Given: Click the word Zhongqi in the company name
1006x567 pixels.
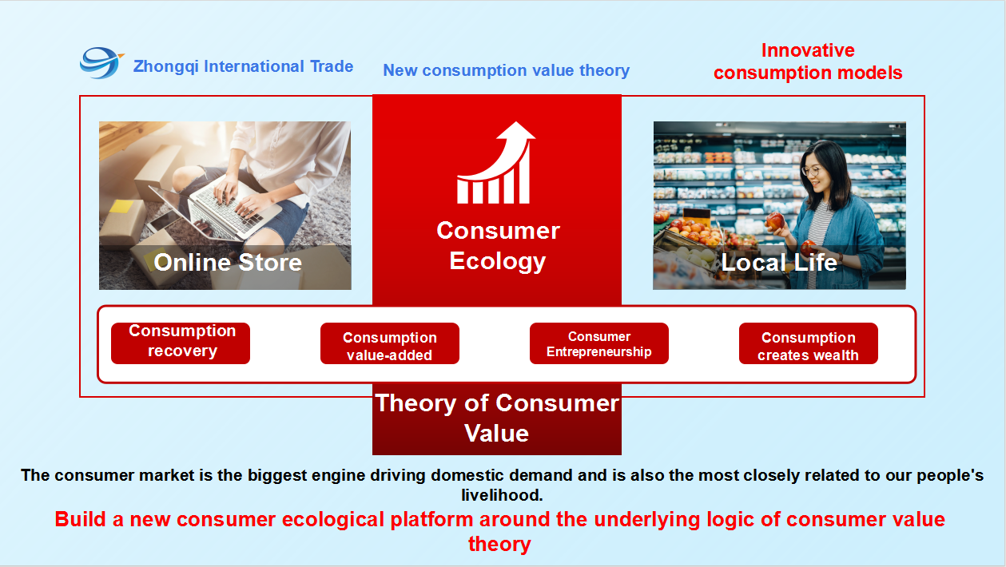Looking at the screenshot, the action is tap(165, 66).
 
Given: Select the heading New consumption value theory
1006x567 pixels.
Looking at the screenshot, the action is tap(506, 70).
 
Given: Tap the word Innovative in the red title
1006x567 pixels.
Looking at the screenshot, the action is tap(808, 50).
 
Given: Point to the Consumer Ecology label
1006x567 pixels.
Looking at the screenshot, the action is tap(498, 245).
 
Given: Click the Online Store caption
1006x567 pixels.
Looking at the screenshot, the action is tap(228, 262).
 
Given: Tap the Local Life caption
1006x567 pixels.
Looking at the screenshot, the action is tap(779, 262).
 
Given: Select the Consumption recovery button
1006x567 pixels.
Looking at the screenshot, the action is tap(181, 343).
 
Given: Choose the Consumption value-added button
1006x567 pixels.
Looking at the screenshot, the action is tap(390, 343).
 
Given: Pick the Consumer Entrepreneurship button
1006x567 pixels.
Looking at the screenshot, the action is tap(599, 343).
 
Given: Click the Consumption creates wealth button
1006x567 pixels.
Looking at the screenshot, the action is tap(809, 343).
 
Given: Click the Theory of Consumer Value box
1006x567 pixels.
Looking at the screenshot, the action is tap(497, 418).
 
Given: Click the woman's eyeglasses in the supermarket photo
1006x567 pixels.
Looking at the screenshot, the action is tap(811, 171).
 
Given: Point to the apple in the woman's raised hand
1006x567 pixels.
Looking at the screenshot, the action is tap(775, 221).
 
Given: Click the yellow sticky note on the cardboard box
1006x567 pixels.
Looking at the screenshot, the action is tap(121, 207).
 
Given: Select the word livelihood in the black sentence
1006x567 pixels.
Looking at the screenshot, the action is tap(502, 495).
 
